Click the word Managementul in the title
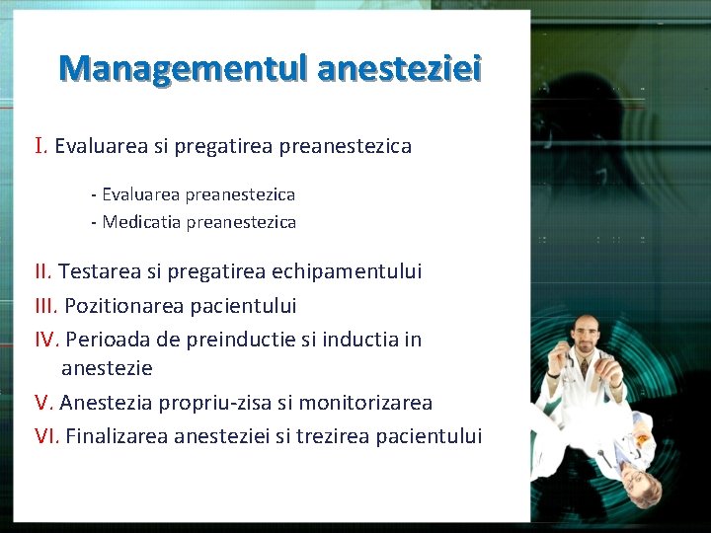183,68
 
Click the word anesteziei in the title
400,68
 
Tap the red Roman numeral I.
40,146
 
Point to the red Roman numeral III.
46,305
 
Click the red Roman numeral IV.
47,340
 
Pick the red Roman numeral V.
43,403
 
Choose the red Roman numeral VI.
47,436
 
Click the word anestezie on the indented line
107,368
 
